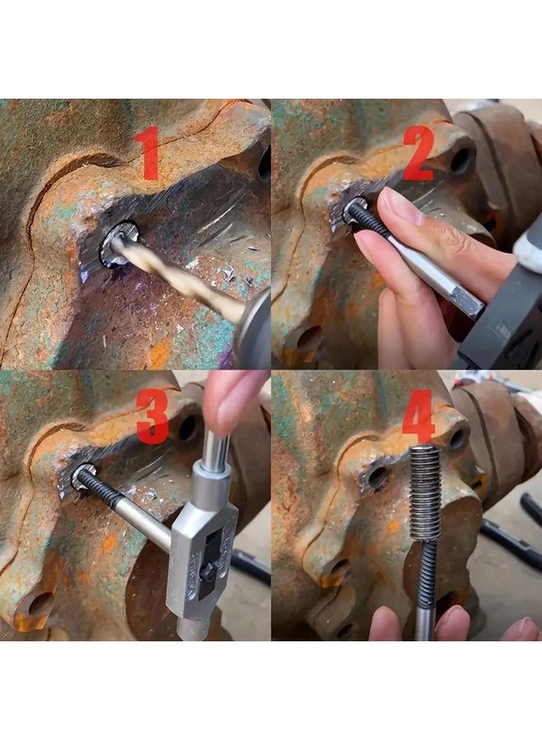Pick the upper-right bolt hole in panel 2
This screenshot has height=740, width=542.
click(x=462, y=160)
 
